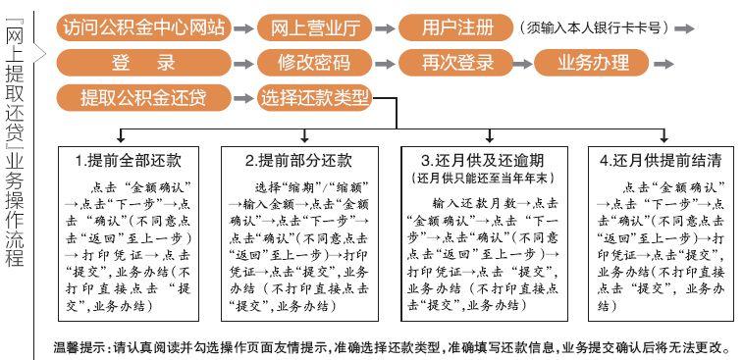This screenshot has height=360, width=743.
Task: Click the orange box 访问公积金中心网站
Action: click(143, 27)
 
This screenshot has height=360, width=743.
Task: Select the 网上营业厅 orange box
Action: click(315, 27)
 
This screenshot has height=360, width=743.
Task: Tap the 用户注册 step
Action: click(455, 27)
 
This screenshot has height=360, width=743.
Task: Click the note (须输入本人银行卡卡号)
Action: click(594, 27)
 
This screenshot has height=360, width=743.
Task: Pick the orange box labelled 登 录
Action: click(143, 63)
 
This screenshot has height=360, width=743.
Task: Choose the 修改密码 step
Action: click(315, 63)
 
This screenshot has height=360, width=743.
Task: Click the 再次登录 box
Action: click(455, 63)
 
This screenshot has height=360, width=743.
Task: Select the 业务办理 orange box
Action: click(592, 63)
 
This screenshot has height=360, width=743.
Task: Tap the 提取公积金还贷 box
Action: click(143, 98)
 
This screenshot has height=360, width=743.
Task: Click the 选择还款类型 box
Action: click(315, 98)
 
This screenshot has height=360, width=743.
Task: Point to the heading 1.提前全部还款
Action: click(128, 160)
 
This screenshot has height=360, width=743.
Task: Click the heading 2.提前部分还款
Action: click(298, 160)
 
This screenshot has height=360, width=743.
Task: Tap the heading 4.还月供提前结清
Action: click(661, 160)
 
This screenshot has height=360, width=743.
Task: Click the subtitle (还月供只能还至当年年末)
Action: click(484, 179)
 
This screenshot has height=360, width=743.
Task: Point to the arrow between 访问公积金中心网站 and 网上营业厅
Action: click(244, 28)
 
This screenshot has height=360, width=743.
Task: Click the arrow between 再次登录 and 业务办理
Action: click(523, 64)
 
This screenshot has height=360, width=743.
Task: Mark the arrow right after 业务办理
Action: click(663, 64)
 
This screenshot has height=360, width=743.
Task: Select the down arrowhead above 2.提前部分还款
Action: click(305, 138)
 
